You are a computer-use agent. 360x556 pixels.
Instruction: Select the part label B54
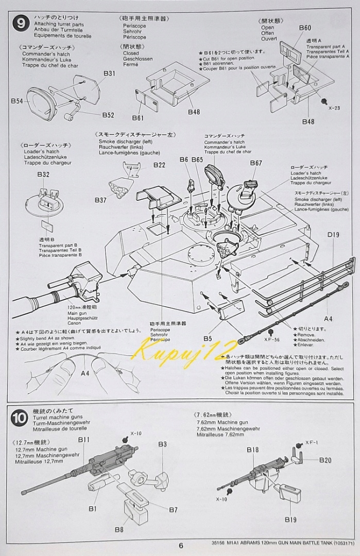coord(17,101)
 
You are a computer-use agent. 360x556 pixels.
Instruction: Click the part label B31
coord(109,74)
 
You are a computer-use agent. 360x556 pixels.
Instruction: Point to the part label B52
coord(108,115)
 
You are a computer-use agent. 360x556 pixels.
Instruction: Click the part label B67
coord(256,163)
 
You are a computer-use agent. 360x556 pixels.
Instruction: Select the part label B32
coord(43,175)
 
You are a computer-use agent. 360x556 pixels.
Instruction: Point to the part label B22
coord(159,165)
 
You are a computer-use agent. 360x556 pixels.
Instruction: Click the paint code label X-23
coord(334,108)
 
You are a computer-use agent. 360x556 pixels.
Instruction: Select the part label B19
coord(290,519)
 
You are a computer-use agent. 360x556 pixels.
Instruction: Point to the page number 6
coord(180,546)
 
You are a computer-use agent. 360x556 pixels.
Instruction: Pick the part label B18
coord(252,449)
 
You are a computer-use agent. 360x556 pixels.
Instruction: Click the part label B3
coord(162,444)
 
